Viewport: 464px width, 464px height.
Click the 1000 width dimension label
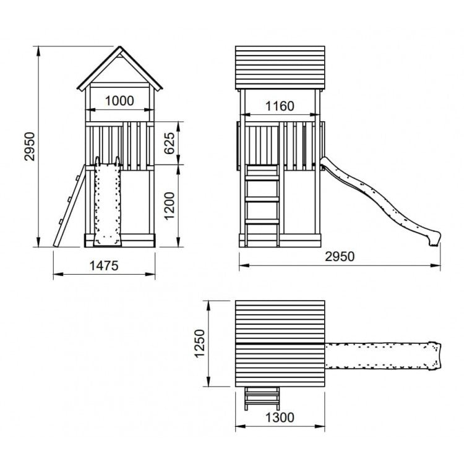click(x=119, y=101)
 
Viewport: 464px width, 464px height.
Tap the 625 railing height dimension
click(x=170, y=144)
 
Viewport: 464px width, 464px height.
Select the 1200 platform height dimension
click(x=170, y=206)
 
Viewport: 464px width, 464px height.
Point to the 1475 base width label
click(x=104, y=266)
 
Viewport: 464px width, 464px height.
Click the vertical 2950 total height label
click(x=30, y=147)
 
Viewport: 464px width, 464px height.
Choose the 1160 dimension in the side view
click(x=280, y=106)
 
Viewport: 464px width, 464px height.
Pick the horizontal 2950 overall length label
click(x=340, y=257)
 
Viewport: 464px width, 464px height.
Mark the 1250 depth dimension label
click(x=200, y=343)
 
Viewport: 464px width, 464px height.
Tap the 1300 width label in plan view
click(x=280, y=418)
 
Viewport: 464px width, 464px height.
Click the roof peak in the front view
click(x=120, y=47)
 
